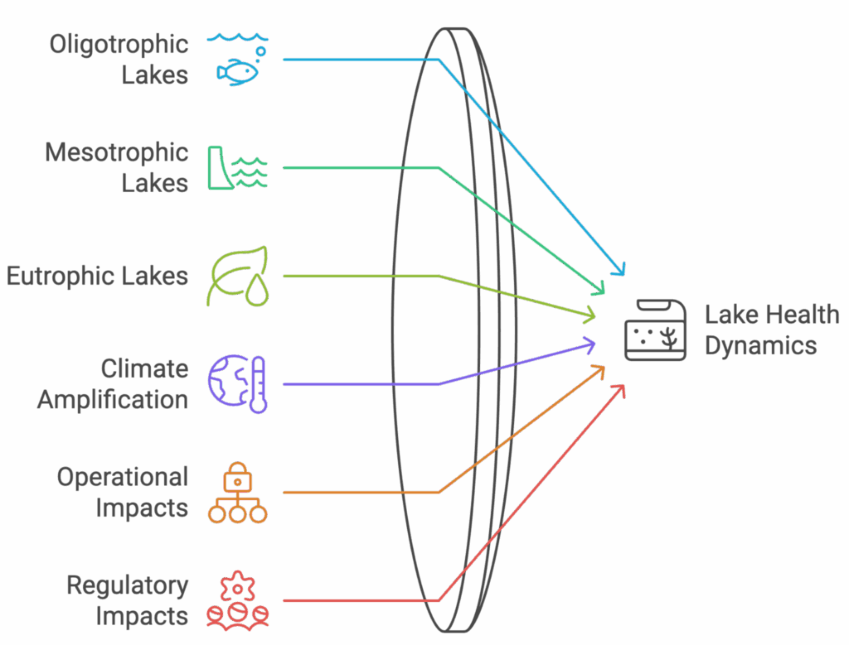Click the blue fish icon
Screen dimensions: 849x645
coord(238,60)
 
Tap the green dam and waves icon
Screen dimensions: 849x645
coord(238,167)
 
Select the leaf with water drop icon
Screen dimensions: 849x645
coord(238,276)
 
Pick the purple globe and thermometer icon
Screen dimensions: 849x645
coord(238,384)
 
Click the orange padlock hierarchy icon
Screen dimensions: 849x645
coord(238,492)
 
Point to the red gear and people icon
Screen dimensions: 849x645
coord(238,600)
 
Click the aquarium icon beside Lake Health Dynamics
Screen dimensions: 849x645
coord(655,330)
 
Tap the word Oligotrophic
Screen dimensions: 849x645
coord(119,45)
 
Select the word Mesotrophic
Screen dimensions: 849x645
coord(116,152)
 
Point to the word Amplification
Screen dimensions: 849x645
coord(113,400)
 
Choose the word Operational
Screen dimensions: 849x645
coord(123,478)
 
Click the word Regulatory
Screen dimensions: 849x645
coord(127,586)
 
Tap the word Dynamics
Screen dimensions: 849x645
coord(761,346)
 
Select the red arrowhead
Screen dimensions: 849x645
coord(619,391)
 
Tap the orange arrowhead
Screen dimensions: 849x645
coord(598,371)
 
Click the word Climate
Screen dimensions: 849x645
coord(144,368)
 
